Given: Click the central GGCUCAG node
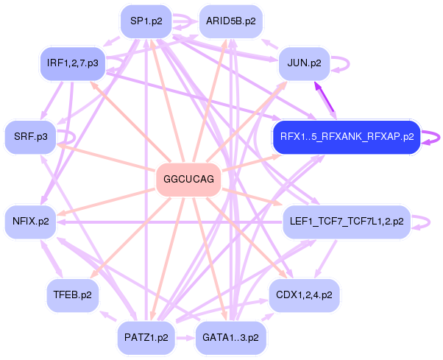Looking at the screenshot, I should pyautogui.click(x=189, y=180).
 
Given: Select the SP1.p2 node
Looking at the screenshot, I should pyautogui.click(x=146, y=21).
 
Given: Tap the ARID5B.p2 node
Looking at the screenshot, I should pyautogui.click(x=230, y=21).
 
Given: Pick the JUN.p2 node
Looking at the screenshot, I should pyautogui.click(x=304, y=63).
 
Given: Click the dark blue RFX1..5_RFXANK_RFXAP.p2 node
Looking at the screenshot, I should pyautogui.click(x=346, y=136).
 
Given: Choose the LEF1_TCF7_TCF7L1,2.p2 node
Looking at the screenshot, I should pyautogui.click(x=347, y=220).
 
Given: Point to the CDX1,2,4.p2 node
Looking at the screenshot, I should pyautogui.click(x=304, y=294).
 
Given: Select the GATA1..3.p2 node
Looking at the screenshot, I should pyautogui.click(x=230, y=337).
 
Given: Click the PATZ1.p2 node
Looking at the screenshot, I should pyautogui.click(x=146, y=337).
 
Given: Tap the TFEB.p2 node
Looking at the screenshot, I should pyautogui.click(x=72, y=294).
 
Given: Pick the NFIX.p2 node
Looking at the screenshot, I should pyautogui.click(x=30, y=220).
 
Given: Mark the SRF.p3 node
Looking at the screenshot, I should pyautogui.click(x=30, y=136).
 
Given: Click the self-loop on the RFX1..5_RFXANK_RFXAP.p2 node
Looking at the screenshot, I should pyautogui.click(x=433, y=137).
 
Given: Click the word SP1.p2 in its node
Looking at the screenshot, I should pyautogui.click(x=146, y=21).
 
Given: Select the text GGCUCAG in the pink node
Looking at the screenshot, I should pyautogui.click(x=189, y=180).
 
